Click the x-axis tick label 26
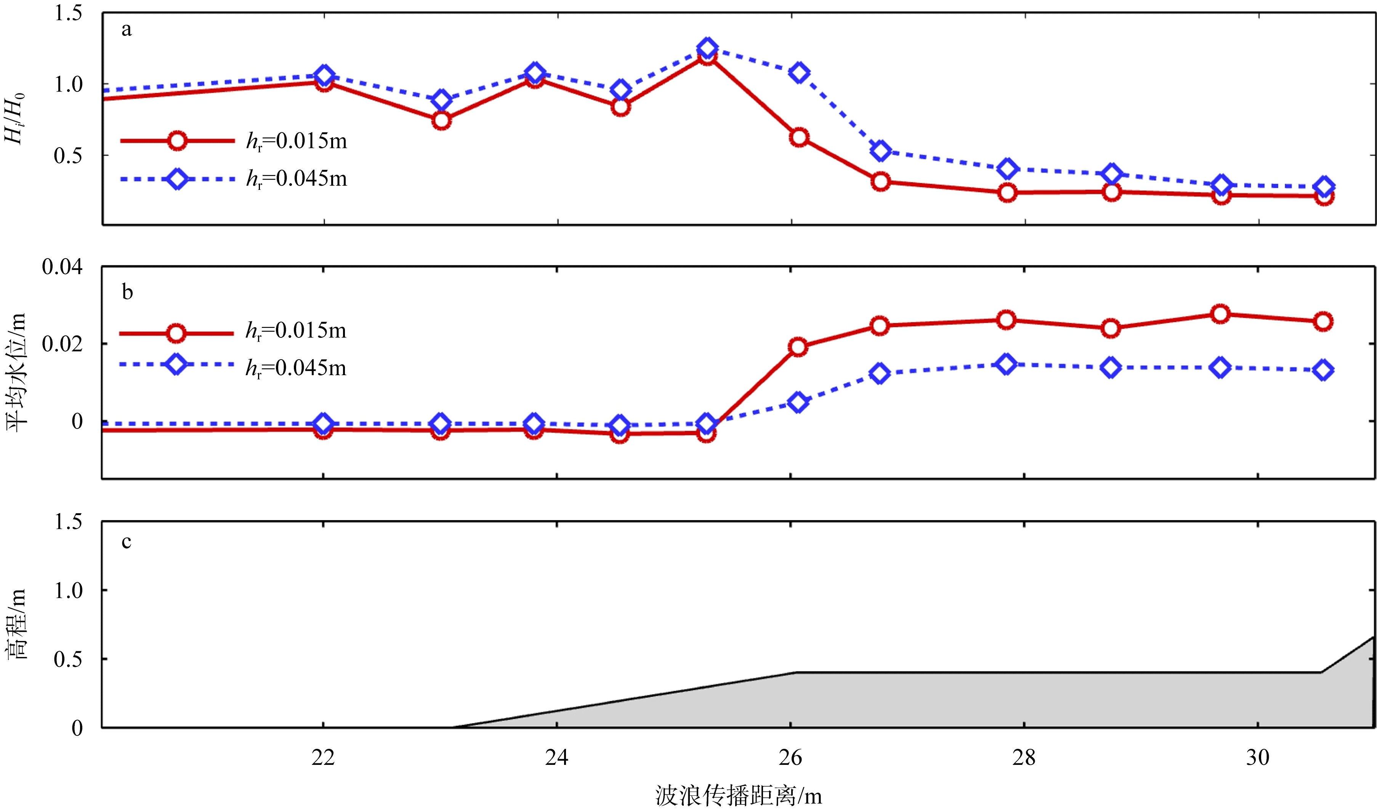[x=790, y=758]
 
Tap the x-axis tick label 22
[x=323, y=758]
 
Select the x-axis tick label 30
[x=1257, y=758]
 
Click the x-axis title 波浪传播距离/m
[x=738, y=795]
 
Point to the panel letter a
[x=126, y=29]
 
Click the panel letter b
[x=127, y=292]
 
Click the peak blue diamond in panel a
[x=707, y=48]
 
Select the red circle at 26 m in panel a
[x=799, y=137]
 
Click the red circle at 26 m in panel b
[x=798, y=347]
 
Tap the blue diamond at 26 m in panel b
[x=798, y=403]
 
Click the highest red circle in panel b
[x=1220, y=314]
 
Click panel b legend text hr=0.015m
[x=296, y=331]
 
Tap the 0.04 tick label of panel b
[x=62, y=267]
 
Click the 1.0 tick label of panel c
[x=68, y=590]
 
